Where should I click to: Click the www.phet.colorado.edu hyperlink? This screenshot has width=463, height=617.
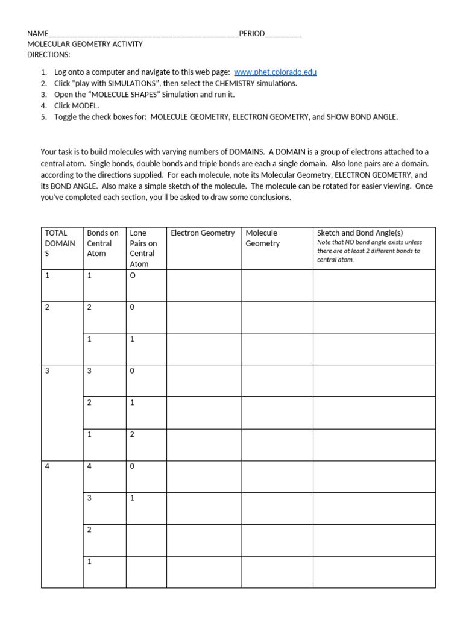275,72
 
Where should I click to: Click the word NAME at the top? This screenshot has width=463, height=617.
37,34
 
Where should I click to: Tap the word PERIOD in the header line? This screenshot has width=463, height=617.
251,34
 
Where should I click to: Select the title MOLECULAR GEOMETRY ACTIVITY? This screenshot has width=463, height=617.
85,45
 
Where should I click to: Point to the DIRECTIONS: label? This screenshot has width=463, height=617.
49,55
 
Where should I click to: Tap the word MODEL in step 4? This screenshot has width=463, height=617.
84,105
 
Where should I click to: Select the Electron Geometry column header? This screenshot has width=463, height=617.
203,233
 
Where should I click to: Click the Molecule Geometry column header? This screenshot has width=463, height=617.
262,238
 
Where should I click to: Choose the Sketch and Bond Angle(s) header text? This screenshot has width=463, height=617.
360,233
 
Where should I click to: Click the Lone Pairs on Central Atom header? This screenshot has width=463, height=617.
143,248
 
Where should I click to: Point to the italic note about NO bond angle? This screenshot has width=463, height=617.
369,251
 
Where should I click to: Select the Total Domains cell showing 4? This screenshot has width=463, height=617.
48,466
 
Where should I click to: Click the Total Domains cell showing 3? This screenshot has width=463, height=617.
48,371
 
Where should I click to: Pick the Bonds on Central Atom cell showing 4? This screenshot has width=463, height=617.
90,466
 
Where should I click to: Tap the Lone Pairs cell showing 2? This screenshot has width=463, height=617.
132,434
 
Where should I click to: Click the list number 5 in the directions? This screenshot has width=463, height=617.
44,117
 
